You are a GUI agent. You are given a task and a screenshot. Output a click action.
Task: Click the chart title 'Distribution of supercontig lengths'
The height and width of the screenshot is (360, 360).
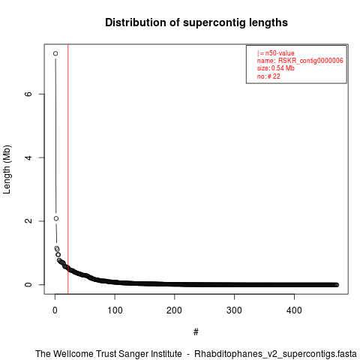(x=196, y=22)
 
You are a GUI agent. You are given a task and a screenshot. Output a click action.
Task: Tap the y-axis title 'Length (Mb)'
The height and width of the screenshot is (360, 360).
(x=7, y=169)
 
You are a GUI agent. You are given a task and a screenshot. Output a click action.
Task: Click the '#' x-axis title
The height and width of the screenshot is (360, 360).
(x=196, y=332)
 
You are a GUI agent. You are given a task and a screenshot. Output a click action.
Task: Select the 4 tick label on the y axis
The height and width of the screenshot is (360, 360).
(x=29, y=157)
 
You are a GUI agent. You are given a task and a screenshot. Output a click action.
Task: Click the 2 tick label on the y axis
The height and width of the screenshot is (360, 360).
(x=29, y=221)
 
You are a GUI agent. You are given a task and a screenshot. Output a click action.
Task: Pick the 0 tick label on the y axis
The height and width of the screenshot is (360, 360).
(x=29, y=284)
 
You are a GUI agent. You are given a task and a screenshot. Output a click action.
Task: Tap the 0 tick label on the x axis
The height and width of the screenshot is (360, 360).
(x=55, y=310)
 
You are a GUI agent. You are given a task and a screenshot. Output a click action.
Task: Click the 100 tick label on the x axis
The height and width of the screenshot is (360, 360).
(x=115, y=310)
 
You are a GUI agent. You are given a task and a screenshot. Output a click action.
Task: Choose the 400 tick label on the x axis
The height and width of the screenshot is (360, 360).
(x=294, y=310)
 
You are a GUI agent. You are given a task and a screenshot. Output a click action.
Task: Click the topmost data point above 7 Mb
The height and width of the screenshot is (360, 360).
(x=55, y=53)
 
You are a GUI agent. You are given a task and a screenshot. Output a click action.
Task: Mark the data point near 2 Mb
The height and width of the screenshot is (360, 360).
(x=56, y=218)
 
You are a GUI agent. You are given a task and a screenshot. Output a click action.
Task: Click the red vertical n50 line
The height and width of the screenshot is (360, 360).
(x=68, y=169)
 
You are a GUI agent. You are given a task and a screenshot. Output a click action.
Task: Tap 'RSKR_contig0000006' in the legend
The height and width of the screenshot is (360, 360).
(x=310, y=61)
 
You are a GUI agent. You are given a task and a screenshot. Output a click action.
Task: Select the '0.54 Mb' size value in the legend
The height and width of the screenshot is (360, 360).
(x=283, y=68)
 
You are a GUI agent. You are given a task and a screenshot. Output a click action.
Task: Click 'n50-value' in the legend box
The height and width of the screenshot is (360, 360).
(x=280, y=53)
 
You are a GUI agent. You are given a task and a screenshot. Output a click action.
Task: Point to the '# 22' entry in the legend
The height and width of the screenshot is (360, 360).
(x=274, y=76)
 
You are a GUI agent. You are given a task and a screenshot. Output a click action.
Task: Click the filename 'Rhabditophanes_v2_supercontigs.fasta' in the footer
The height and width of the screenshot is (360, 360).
(x=275, y=354)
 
